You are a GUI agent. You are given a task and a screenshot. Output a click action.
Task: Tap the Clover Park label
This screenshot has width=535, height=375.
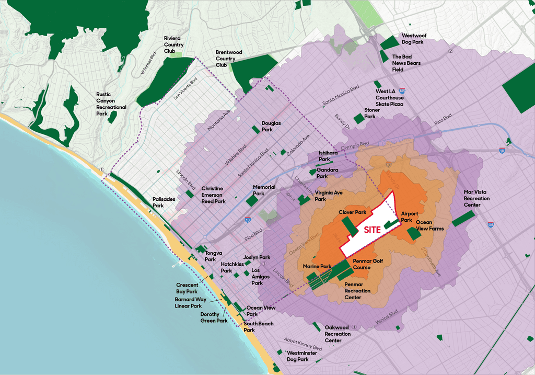(x=352, y=213)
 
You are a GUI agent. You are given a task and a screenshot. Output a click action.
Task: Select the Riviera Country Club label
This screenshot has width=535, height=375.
(x=173, y=44)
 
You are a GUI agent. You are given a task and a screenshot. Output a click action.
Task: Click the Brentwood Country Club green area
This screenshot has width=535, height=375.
(x=251, y=73)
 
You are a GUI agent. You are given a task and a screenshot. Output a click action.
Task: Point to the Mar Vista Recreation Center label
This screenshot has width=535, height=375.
(x=476, y=198)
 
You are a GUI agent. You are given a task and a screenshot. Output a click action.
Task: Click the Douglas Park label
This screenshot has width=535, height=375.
(x=271, y=126)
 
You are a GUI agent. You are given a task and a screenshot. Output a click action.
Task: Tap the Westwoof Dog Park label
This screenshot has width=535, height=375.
(x=414, y=39)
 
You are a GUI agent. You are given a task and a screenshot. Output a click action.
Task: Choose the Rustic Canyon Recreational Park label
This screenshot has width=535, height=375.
(x=111, y=104)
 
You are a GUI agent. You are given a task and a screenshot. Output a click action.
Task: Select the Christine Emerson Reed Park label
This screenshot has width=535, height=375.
(x=213, y=195)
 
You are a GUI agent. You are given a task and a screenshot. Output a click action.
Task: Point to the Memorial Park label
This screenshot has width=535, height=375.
(x=264, y=190)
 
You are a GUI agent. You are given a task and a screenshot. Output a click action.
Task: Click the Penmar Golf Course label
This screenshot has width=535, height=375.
(x=369, y=264)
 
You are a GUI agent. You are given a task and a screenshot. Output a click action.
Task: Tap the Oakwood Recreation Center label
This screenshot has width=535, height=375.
(x=338, y=334)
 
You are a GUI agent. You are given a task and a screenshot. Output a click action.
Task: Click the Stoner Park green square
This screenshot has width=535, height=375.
(x=358, y=119)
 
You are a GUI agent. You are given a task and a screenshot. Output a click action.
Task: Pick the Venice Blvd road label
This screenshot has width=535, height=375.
(x=387, y=312)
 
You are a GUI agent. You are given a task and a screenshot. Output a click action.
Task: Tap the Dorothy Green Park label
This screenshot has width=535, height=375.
(x=214, y=317)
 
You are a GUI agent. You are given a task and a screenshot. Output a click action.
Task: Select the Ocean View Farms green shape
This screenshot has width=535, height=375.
(x=414, y=234)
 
